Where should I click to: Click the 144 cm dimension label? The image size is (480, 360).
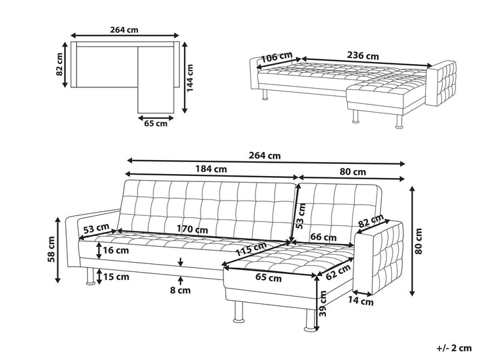[190, 78]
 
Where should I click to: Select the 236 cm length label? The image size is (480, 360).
[363, 56]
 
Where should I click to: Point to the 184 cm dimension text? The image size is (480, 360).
[211, 169]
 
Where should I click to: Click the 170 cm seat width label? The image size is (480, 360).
[192, 229]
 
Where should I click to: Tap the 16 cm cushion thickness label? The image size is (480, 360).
[116, 251]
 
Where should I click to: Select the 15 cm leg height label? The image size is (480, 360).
[116, 277]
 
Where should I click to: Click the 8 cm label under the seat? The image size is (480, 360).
[180, 290]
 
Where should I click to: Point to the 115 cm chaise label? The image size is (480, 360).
[251, 249]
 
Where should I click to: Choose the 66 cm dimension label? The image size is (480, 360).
[323, 237]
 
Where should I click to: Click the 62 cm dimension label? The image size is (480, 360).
[338, 271]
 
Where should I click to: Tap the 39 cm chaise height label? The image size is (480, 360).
[323, 304]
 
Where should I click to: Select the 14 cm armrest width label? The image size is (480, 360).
[361, 301]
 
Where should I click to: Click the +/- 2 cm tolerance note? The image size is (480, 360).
[454, 348]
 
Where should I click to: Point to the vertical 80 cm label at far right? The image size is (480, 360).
[419, 241]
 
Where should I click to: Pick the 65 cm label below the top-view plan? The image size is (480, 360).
[156, 123]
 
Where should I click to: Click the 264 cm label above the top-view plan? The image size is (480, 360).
[124, 30]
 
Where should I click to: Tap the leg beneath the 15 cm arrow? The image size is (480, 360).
[90, 277]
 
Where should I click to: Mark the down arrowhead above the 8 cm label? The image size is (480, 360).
[181, 263]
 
